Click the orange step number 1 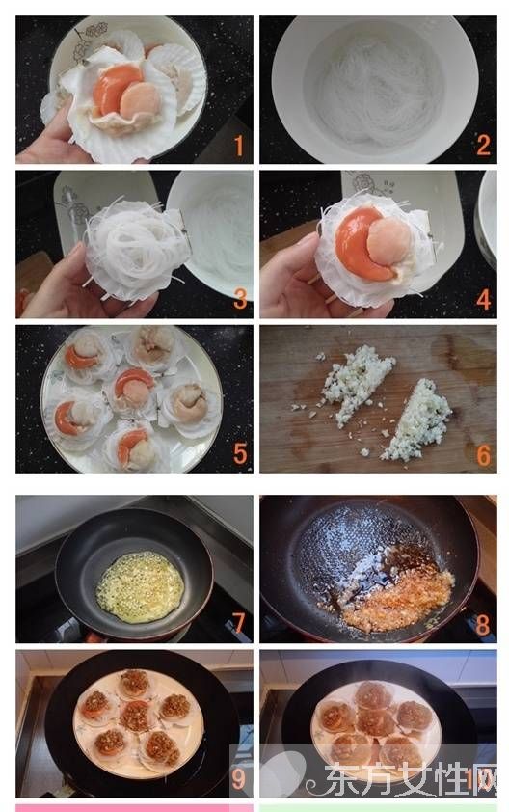coord(238,146)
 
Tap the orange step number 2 coord(483,146)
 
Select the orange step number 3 coord(239,299)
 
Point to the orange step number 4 coord(483,299)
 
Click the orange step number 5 coord(239,453)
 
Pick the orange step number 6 coord(483,453)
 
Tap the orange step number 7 coord(238,623)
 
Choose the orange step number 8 coord(483,623)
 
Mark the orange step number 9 coord(238,777)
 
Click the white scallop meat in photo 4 coord(388,241)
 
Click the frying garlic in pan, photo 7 coord(141,586)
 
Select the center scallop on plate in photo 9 coord(136,716)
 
